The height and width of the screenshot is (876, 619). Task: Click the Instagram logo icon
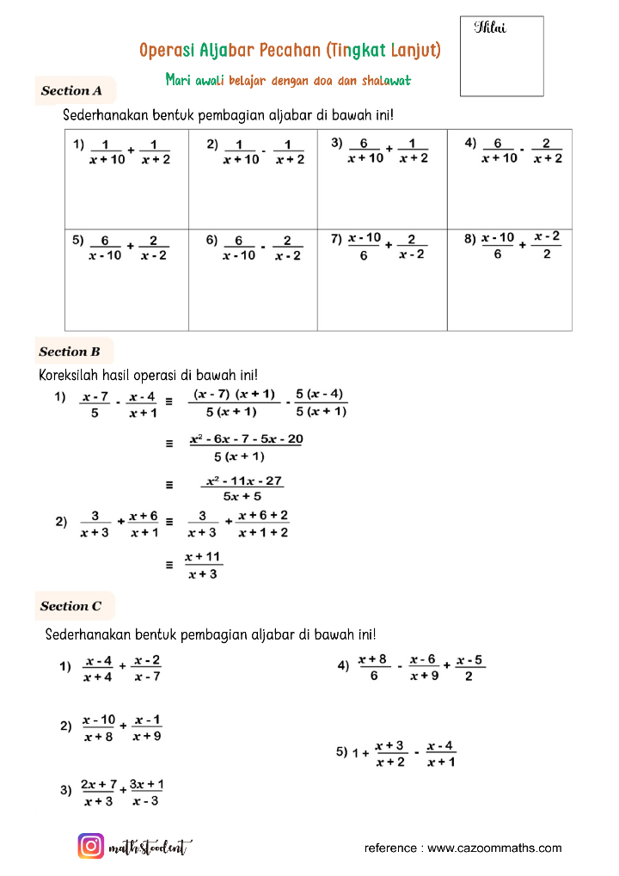point(91,847)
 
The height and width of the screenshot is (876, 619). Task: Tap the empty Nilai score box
point(502,57)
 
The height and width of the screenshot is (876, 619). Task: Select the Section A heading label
point(72,90)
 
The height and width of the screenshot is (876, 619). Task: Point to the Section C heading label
point(71,606)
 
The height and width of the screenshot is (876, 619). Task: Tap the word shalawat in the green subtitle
point(385,80)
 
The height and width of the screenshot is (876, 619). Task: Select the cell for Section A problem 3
point(382,179)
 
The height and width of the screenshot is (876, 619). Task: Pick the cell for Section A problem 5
point(127,279)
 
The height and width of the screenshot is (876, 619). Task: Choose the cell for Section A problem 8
point(509,279)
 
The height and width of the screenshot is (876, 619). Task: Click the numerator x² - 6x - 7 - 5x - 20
point(246,439)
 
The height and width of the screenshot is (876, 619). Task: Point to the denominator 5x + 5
point(242,496)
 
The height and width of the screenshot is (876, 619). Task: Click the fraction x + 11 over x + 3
point(203,566)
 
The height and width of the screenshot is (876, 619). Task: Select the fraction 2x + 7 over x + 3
point(99,793)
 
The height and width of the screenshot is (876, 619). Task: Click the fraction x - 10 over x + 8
point(99,728)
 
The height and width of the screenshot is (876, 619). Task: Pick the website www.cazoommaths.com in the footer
point(494,848)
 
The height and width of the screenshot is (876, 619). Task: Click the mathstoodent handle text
point(150,848)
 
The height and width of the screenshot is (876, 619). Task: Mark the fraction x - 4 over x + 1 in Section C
point(441,754)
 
